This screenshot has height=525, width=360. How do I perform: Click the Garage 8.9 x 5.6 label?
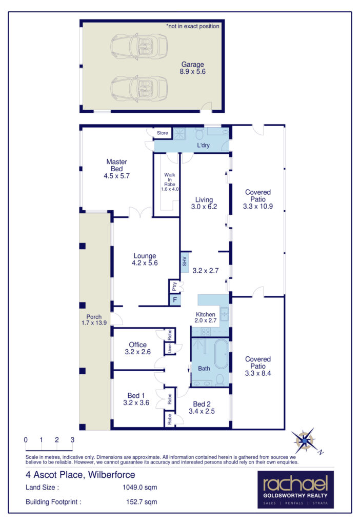click(192, 69)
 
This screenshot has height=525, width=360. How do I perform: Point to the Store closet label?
click(163, 133)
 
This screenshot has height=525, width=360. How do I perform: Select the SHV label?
click(185, 261)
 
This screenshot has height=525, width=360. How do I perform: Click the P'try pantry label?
click(174, 287)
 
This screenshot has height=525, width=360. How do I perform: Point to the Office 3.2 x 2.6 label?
click(138, 348)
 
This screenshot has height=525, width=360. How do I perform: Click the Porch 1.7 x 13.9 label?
click(94, 320)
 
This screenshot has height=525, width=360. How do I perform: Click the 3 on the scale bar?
click(72, 440)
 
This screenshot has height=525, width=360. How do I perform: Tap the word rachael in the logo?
click(295, 484)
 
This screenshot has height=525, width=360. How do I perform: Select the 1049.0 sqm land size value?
click(135, 487)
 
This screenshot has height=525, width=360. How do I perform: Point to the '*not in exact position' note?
click(192, 26)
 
